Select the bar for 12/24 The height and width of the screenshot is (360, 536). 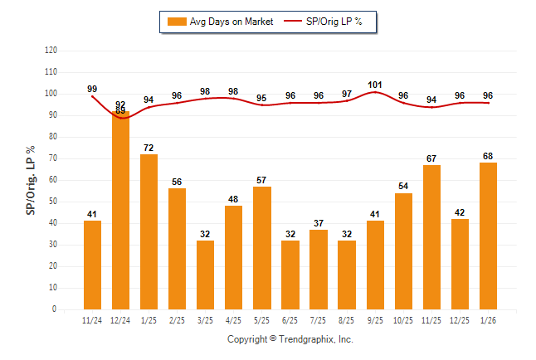click(120, 210)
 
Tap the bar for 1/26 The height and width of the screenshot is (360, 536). click(488, 236)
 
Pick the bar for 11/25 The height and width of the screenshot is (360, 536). click(431, 237)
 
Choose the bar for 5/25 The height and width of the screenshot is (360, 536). click(262, 248)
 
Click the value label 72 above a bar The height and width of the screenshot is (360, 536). click(149, 148)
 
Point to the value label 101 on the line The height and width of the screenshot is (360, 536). click(375, 84)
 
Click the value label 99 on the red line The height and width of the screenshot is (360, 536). click(92, 89)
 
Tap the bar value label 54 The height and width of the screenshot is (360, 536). click(403, 187)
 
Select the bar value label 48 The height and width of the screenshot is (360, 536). click(234, 200)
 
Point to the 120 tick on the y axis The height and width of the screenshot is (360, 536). click(51, 51)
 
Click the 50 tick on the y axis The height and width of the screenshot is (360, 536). click(53, 202)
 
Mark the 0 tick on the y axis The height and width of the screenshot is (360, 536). click(55, 309)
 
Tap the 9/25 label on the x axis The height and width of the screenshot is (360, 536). click(375, 319)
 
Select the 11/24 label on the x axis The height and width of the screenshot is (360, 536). click(92, 319)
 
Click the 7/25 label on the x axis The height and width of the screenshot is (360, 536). click(319, 319)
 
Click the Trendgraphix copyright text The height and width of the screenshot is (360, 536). click(290, 339)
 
